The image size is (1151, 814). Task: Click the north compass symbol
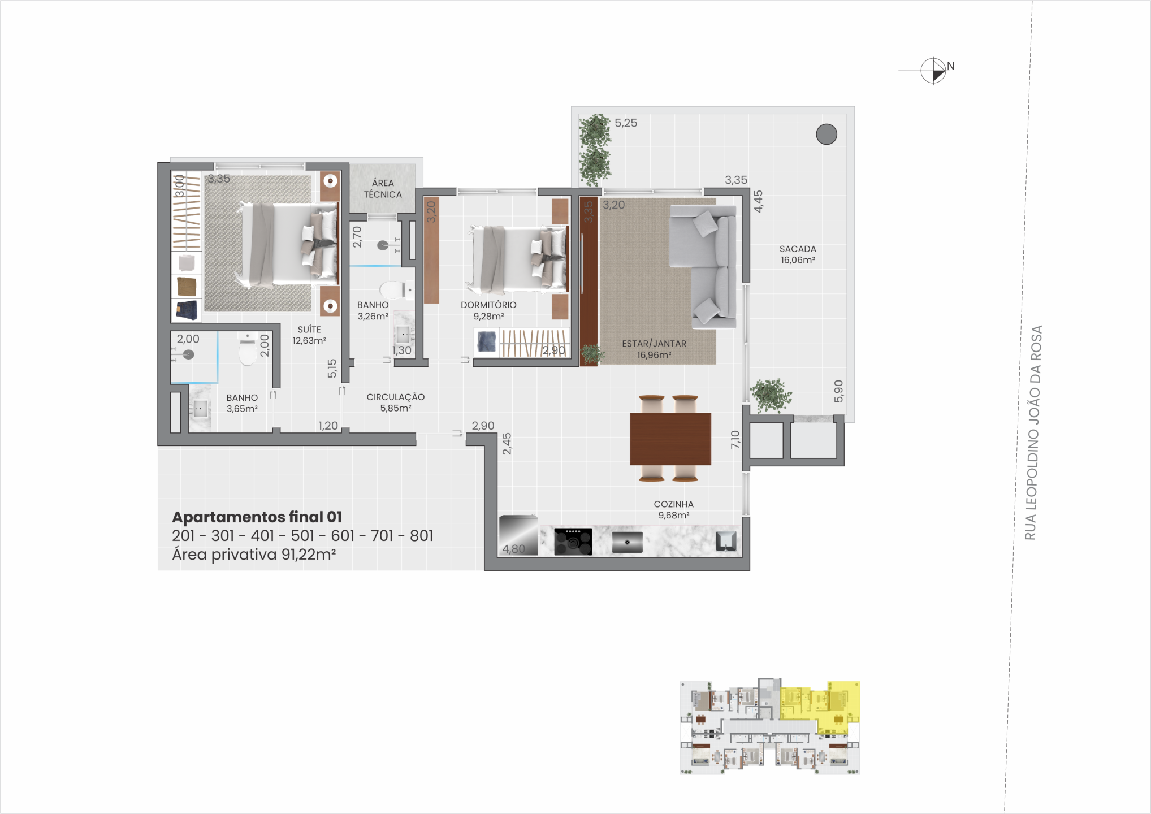tap(933, 71)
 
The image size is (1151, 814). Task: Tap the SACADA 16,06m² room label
tap(798, 254)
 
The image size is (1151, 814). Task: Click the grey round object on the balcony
tap(826, 135)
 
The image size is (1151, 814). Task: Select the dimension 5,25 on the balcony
tap(626, 123)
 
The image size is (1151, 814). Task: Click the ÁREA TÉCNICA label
tap(383, 189)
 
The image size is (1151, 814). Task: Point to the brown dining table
tap(670, 439)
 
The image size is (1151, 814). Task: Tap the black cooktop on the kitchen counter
tap(573, 542)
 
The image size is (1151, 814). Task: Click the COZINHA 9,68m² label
tap(673, 509)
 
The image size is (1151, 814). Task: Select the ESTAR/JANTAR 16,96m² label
tap(654, 349)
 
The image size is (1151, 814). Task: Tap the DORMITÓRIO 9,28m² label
tap(488, 310)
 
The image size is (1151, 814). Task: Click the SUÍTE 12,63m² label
tap(309, 335)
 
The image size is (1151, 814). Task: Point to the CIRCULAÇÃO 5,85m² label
tap(395, 402)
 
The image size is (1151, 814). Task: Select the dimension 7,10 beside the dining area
tap(734, 439)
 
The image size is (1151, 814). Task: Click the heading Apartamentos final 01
tap(257, 517)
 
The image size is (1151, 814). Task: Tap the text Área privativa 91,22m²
tap(254, 555)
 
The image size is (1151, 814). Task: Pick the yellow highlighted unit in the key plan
tap(820, 704)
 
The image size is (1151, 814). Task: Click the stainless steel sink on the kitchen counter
tap(627, 542)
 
